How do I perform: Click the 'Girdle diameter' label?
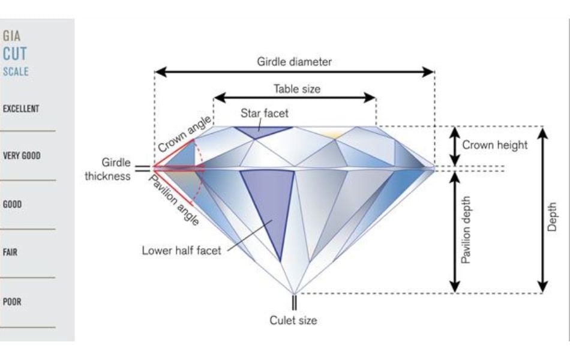[294, 62]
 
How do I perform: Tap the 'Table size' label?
[297, 89]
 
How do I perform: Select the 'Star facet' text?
[264, 113]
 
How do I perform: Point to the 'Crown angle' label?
[185, 133]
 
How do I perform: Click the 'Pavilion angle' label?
[175, 199]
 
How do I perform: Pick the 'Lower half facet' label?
[181, 251]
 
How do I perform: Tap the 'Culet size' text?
[293, 320]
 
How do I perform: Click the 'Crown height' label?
[495, 145]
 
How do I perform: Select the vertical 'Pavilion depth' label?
[466, 230]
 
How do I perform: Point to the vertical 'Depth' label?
[552, 217]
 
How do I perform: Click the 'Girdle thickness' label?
[107, 169]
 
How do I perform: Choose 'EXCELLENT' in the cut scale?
[21, 109]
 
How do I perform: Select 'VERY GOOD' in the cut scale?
[22, 156]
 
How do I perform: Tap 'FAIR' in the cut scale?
[10, 252]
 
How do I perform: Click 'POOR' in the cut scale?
[12, 301]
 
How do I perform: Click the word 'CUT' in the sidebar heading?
[15, 54]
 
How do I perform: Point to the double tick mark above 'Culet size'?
[294, 302]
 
